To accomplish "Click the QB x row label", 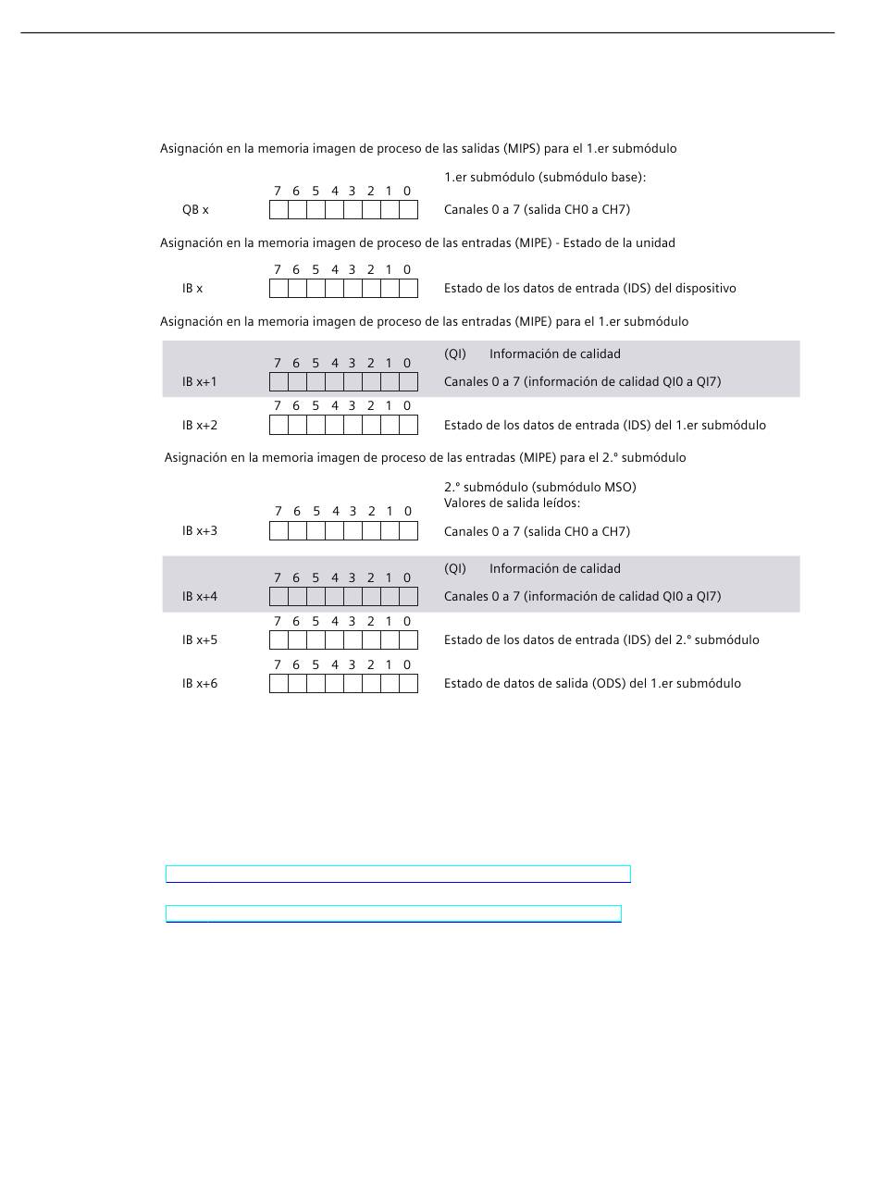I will tap(195, 210).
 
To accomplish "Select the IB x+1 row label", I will tap(200, 382).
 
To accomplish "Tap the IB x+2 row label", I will tap(200, 426).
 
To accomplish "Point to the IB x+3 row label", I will tap(200, 531).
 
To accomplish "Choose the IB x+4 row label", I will tap(200, 597).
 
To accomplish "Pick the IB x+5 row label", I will tap(200, 640).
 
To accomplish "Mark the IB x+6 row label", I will tap(200, 684).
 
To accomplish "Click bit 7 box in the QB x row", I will tap(279, 210).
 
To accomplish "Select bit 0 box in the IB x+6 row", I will tap(408, 684).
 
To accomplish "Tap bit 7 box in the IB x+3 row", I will tap(279, 531).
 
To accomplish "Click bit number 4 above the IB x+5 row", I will tap(335, 622).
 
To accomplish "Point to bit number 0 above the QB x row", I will tap(407, 192).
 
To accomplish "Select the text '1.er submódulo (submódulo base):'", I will tap(545, 178).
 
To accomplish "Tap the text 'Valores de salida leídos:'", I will tap(512, 503).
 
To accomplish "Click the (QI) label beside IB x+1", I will tap(455, 354).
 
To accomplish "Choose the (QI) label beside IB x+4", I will tap(455, 569).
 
